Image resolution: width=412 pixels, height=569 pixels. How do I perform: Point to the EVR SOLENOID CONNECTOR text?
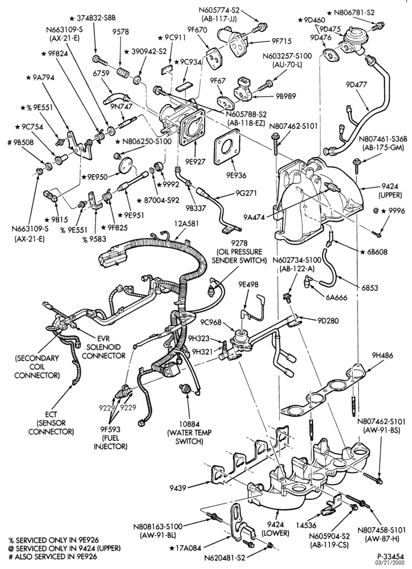104,347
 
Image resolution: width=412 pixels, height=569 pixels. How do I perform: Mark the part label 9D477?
356,85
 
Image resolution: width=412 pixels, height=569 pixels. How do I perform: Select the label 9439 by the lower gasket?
178,488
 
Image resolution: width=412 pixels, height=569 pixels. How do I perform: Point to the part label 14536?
307,525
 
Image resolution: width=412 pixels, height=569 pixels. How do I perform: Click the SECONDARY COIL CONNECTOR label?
37,366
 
